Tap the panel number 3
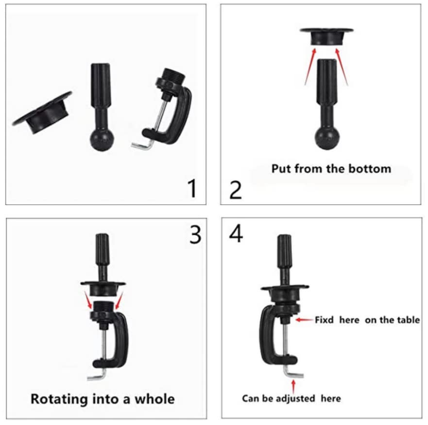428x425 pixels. (195, 235)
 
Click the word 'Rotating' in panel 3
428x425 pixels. (61, 399)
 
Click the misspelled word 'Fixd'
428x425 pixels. (325, 320)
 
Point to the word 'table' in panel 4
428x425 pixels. (409, 320)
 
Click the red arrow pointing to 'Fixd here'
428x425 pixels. (304, 320)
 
